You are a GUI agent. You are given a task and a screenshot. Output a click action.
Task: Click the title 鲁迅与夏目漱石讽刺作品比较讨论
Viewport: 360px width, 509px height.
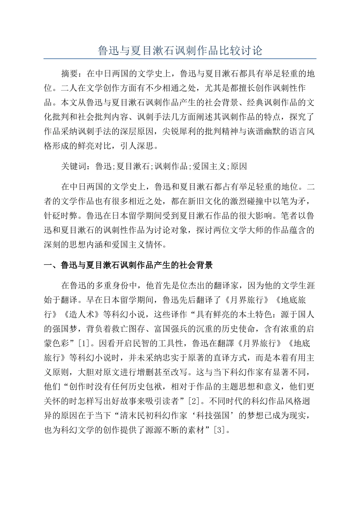(180, 50)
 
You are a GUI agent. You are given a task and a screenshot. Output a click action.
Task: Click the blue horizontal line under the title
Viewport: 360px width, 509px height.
(180, 59)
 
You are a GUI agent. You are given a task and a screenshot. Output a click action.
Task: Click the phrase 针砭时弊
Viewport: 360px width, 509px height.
(61, 216)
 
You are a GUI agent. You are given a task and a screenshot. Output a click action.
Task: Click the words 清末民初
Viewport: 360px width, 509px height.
(136, 415)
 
